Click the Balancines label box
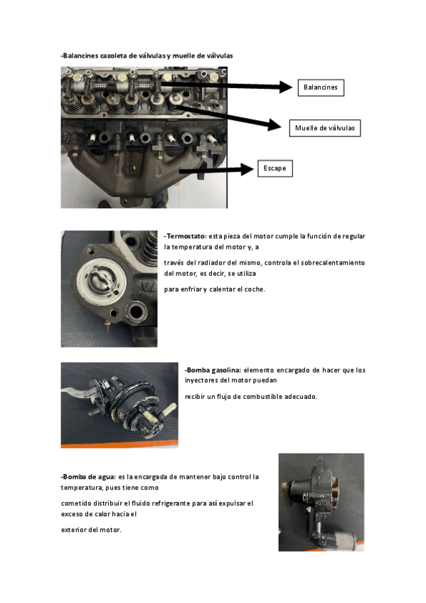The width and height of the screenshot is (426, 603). (x=321, y=87)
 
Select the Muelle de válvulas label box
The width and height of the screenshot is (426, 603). (x=325, y=128)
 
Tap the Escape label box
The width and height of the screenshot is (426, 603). (x=275, y=169)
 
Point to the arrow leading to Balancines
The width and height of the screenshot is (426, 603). (x=227, y=85)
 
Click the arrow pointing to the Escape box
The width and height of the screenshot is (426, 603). (x=217, y=169)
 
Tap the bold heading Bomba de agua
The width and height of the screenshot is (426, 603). (x=89, y=477)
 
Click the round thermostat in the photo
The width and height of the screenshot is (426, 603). (x=101, y=279)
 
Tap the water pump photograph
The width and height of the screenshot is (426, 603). (x=321, y=502)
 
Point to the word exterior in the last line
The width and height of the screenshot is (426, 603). (x=74, y=530)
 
